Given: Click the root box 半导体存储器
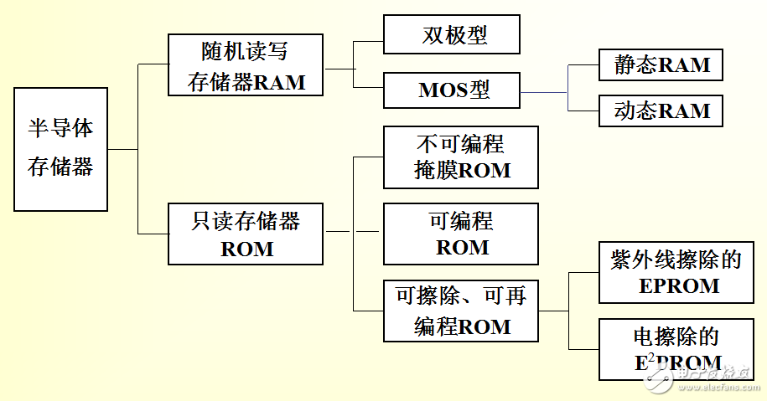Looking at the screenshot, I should [x=61, y=149].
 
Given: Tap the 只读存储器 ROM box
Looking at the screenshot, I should [x=246, y=234].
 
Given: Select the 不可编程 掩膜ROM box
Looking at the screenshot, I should [x=461, y=157].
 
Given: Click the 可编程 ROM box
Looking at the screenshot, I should [x=461, y=234].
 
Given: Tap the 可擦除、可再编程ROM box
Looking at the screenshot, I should [x=461, y=311].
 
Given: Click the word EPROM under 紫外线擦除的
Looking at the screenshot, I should [x=678, y=286].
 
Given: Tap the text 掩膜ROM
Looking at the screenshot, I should [x=462, y=171].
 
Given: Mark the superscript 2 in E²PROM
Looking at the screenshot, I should [x=652, y=357].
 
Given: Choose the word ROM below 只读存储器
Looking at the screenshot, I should [x=246, y=249].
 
